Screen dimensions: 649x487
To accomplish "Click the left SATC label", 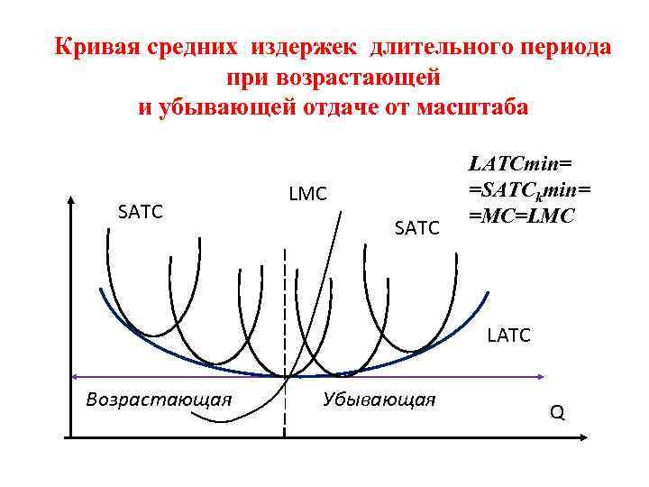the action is (x=141, y=212).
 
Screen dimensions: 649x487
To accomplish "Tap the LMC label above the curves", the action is (x=307, y=193).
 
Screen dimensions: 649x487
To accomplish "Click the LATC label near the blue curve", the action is (x=509, y=336).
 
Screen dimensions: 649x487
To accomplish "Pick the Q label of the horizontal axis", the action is (x=557, y=413).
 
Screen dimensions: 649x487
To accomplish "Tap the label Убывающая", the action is (x=379, y=399).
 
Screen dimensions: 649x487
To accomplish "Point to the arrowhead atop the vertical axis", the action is (x=70, y=198).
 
